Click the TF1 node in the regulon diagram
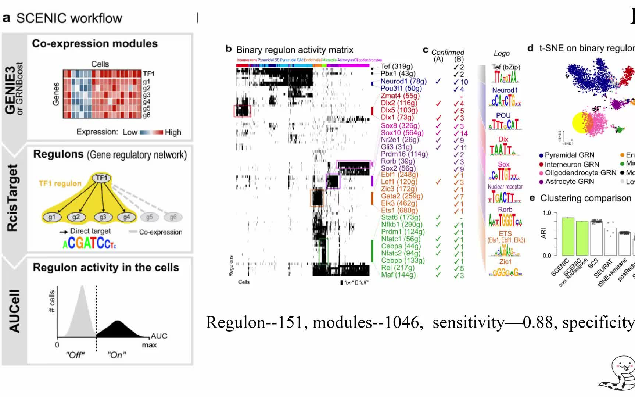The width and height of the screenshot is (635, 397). pyautogui.click(x=102, y=178)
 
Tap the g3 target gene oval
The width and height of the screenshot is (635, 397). pyautogui.click(x=103, y=217)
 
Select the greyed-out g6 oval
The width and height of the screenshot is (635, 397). pyautogui.click(x=173, y=217)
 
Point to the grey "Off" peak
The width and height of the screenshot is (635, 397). pyautogui.click(x=82, y=312)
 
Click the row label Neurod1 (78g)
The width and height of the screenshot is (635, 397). pyautogui.click(x=403, y=81)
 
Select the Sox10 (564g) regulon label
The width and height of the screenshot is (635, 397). pyautogui.click(x=402, y=133)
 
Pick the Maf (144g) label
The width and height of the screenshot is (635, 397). pyautogui.click(x=398, y=275)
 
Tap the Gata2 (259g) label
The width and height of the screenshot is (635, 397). pyautogui.click(x=402, y=196)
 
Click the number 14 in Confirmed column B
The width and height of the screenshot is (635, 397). pyautogui.click(x=464, y=133)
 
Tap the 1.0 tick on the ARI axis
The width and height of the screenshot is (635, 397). pyautogui.click(x=547, y=213)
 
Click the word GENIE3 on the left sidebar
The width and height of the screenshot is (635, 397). pyautogui.click(x=10, y=90)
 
